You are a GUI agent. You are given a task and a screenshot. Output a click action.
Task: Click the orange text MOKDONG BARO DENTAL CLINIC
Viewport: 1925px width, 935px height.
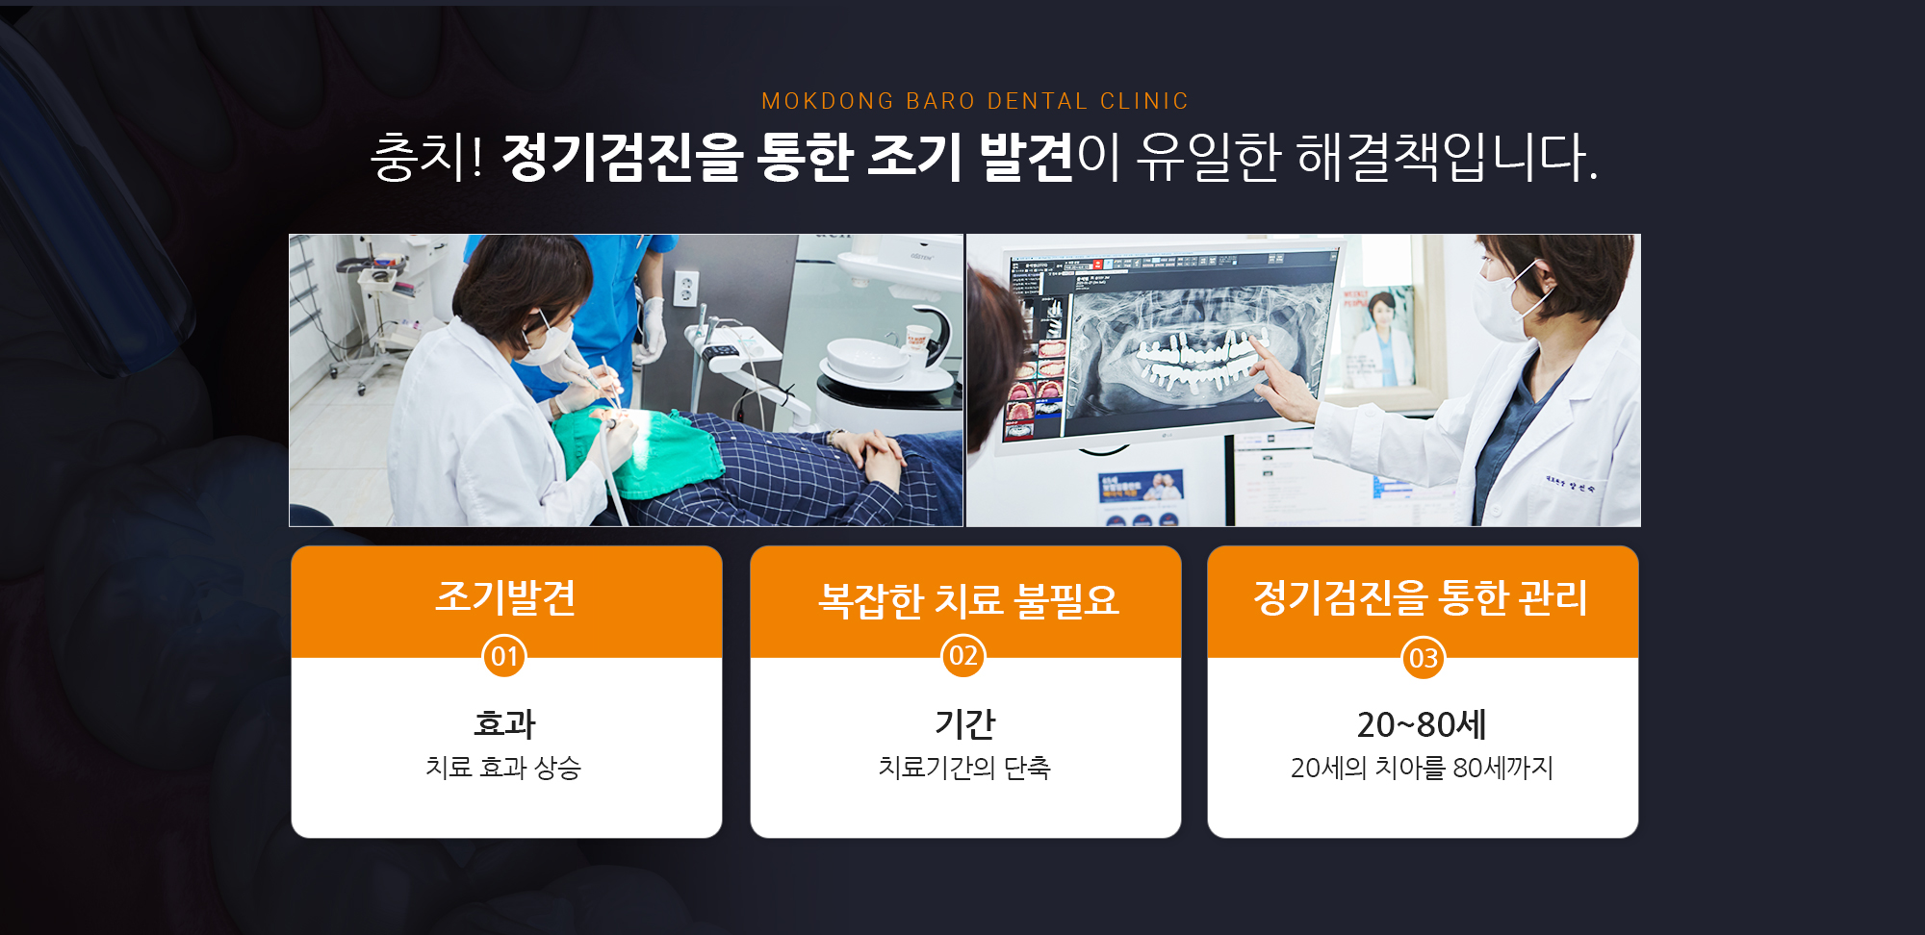coord(975,101)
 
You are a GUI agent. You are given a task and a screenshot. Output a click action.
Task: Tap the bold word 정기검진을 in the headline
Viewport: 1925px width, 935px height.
coord(623,157)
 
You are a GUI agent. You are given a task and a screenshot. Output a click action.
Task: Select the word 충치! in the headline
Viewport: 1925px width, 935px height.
coord(426,157)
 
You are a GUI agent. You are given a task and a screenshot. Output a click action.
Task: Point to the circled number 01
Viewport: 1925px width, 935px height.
coord(504,656)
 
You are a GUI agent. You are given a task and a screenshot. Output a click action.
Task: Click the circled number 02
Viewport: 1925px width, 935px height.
coord(963,656)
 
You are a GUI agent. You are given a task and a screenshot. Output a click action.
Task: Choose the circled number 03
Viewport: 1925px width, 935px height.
coord(1423,658)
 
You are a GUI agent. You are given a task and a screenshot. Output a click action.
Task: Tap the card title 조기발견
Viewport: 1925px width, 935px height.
coord(505,597)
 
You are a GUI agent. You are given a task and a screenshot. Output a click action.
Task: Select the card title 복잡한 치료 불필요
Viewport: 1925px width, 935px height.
coord(968,600)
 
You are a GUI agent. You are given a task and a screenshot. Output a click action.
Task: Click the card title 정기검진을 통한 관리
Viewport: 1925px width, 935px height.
coord(1421,597)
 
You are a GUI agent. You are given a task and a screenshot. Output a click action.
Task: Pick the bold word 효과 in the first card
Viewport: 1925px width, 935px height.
coord(504,723)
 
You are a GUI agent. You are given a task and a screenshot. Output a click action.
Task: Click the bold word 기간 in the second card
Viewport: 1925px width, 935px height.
coord(964,723)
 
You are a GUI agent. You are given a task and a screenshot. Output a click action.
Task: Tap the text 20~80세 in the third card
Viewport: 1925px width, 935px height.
coord(1422,724)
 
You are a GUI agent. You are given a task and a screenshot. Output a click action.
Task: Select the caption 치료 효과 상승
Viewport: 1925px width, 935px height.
coord(503,768)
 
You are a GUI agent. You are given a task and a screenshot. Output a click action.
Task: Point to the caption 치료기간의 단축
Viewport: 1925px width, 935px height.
coord(964,768)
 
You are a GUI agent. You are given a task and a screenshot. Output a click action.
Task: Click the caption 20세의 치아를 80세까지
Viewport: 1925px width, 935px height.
coord(1422,768)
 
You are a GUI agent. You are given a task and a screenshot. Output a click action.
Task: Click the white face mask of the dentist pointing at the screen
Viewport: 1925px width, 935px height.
coord(1505,298)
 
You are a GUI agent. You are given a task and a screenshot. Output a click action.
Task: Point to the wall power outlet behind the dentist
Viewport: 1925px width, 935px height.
coord(685,288)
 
